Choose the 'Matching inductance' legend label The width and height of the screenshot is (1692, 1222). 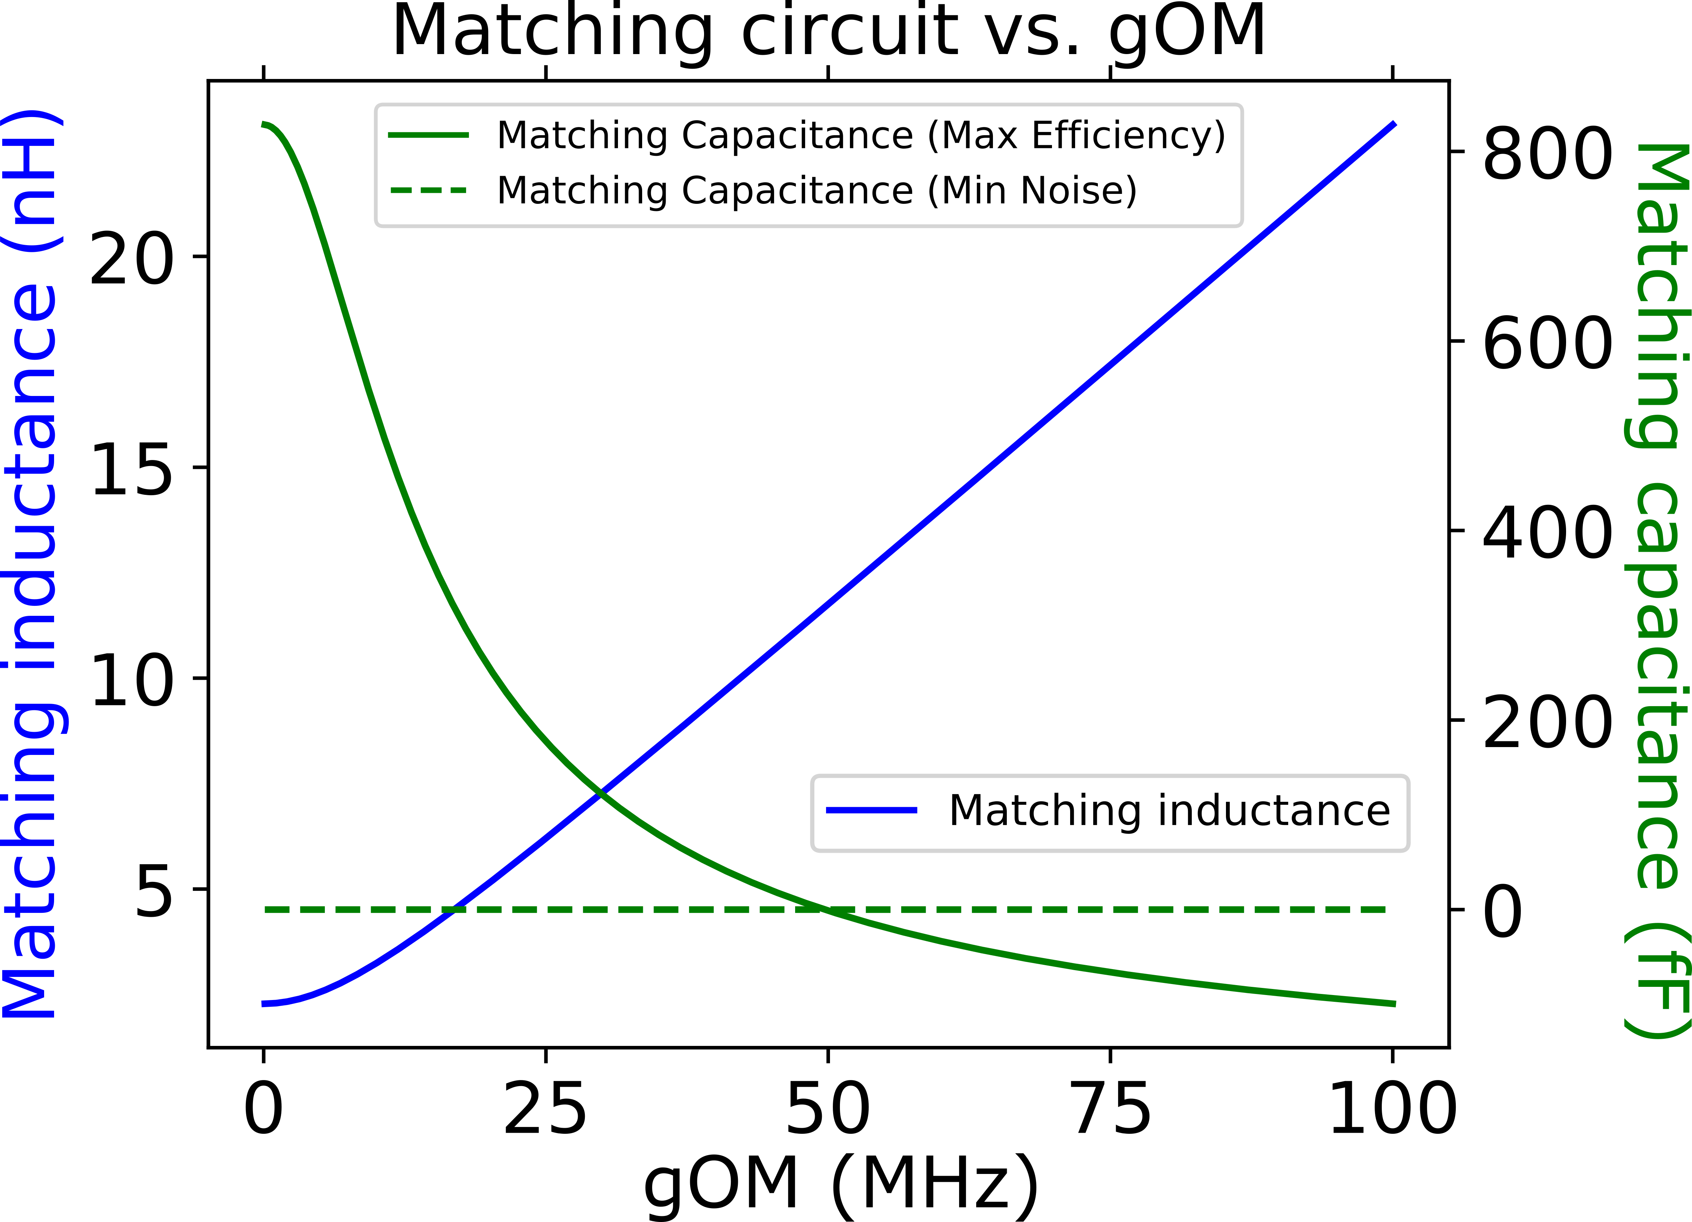pos(1169,811)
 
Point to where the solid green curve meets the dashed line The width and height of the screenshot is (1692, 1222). pos(824,909)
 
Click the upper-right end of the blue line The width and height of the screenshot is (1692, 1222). pos(1394,124)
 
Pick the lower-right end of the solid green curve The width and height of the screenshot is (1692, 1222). pos(1394,1004)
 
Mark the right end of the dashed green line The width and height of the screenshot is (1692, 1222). pos(1384,909)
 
